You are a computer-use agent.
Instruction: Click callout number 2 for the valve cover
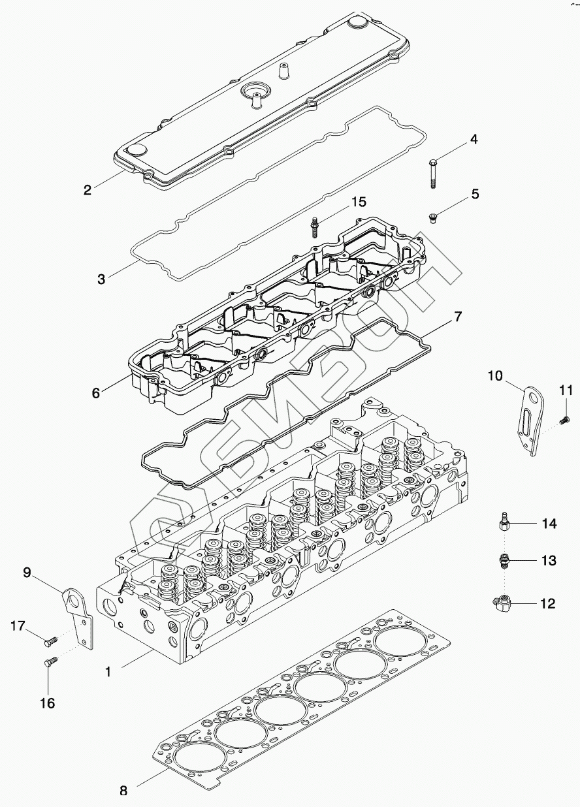87,190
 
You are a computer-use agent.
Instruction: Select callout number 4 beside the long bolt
474,139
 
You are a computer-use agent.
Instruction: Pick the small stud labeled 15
315,226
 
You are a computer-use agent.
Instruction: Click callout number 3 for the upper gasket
101,279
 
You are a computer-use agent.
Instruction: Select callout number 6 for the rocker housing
96,393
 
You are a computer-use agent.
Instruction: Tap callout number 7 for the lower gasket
458,318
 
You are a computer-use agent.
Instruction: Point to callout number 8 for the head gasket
122,790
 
